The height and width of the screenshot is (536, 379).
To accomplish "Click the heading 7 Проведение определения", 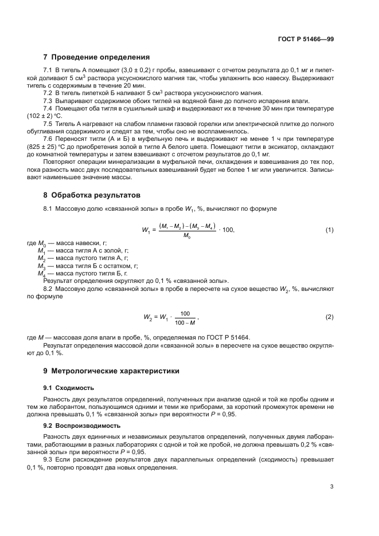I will pyautogui.click(x=96, y=57).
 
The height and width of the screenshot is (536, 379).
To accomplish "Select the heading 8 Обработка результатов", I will pyautogui.click(x=91, y=195).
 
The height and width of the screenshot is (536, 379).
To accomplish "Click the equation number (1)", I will pyautogui.click(x=330, y=230).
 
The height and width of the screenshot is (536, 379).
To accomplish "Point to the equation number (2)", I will pyautogui.click(x=330, y=317).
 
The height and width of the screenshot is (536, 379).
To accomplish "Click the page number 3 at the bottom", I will pyautogui.click(x=332, y=487).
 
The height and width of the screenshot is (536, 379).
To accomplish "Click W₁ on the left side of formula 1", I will pyautogui.click(x=146, y=230).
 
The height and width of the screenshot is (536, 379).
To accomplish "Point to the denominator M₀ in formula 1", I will pyautogui.click(x=186, y=235).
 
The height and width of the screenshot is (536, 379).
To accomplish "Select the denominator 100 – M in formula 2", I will pyautogui.click(x=185, y=321).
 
